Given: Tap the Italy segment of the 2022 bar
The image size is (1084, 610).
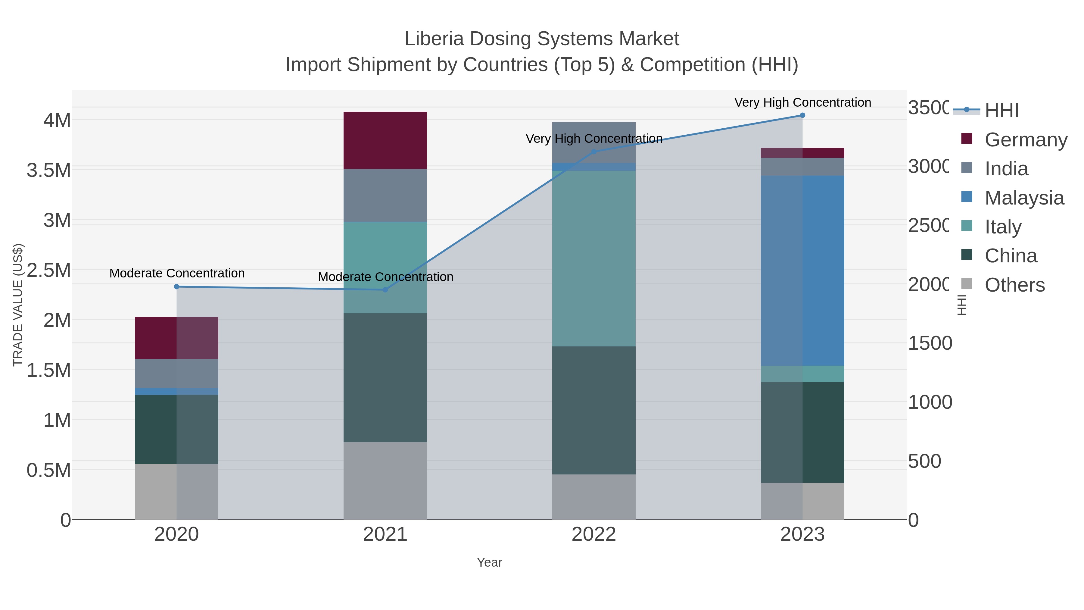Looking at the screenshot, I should [x=594, y=258].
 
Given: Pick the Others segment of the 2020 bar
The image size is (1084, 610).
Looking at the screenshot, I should [x=176, y=491].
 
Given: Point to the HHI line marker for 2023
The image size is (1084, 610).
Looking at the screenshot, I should [x=802, y=115].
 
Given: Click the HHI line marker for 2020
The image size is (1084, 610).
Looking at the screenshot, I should [x=177, y=287].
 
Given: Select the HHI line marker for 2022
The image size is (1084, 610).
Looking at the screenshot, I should [x=594, y=152].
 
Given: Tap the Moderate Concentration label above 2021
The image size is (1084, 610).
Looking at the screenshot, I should [x=385, y=277].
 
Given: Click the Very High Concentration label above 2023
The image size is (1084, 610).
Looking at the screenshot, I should [x=802, y=102].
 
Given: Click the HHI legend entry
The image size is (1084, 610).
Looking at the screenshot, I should [x=1001, y=110].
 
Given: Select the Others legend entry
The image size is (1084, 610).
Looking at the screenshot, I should [x=1014, y=285].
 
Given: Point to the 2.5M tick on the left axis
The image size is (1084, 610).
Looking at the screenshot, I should [x=49, y=270].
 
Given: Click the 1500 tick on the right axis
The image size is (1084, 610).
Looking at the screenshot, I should [x=930, y=343].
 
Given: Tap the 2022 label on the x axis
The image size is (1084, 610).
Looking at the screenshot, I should [x=594, y=535].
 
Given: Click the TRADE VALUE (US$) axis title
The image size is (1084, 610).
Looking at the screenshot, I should [x=18, y=305].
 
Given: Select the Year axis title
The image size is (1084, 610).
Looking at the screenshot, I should [x=489, y=562].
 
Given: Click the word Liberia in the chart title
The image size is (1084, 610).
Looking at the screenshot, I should [x=434, y=39].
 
